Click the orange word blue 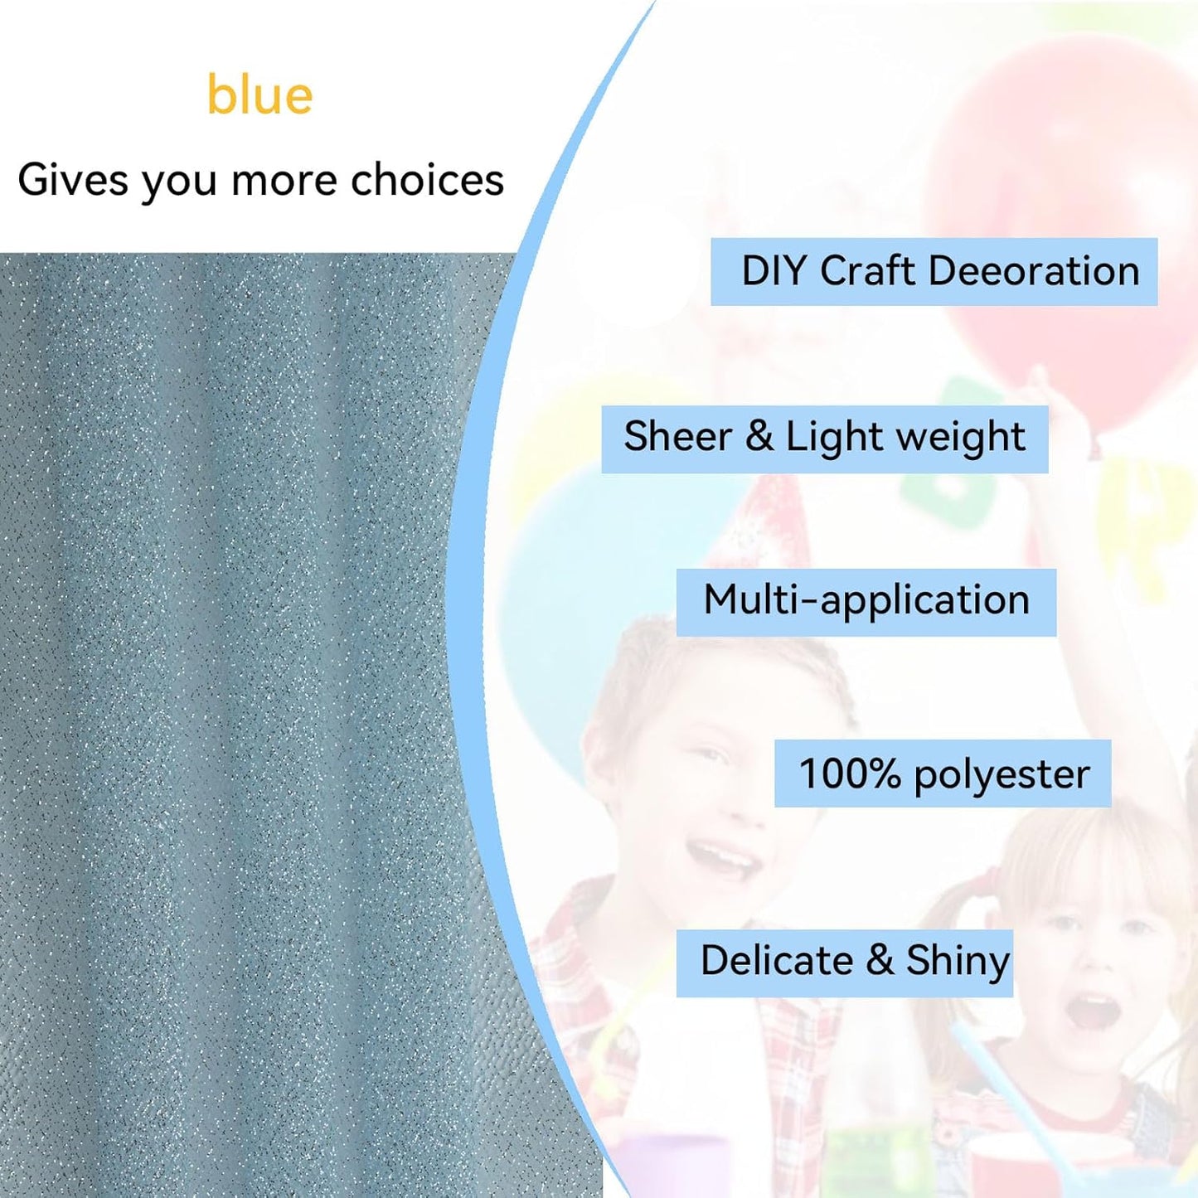259,95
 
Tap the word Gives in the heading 72,180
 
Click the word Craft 873,271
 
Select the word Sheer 677,437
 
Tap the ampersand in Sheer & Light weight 759,437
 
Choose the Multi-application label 866,600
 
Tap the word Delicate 776,961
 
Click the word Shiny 958,963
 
